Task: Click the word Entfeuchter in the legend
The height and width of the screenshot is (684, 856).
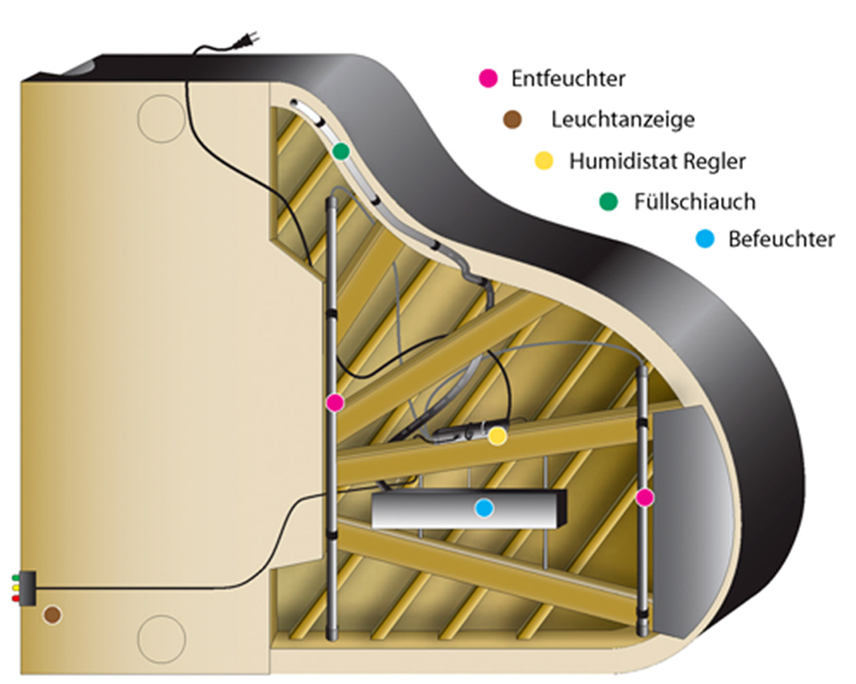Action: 568,78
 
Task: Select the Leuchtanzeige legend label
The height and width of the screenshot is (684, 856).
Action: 623,120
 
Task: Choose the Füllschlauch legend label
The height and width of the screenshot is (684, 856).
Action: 695,201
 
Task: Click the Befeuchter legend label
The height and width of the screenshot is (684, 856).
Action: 781,238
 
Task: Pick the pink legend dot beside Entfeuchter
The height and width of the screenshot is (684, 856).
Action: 489,78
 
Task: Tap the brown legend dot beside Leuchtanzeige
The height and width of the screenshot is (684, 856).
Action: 512,120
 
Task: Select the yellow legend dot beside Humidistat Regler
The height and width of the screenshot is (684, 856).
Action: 544,161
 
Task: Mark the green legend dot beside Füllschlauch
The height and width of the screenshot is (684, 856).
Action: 608,201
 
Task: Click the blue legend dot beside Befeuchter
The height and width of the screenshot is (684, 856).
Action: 705,238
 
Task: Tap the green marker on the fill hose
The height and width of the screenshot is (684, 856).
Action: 341,151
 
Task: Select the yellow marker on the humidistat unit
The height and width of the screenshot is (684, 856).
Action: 496,436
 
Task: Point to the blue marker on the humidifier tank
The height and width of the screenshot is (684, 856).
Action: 484,508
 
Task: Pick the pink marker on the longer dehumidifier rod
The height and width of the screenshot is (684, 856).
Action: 334,402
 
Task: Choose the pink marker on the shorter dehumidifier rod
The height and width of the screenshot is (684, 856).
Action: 644,497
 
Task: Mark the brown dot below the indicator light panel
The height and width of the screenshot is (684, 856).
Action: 51,615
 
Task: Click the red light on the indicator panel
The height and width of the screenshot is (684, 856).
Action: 15,598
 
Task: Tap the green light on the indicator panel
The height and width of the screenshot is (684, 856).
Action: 15,576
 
